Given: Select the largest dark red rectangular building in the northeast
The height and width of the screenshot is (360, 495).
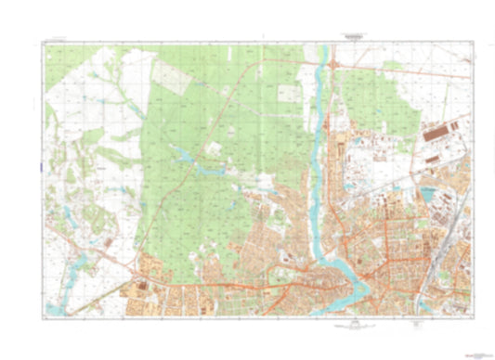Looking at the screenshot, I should (439, 135).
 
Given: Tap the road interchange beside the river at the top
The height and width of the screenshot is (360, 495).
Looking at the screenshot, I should (332, 63).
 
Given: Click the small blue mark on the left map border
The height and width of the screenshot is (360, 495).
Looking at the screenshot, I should (42, 167).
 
